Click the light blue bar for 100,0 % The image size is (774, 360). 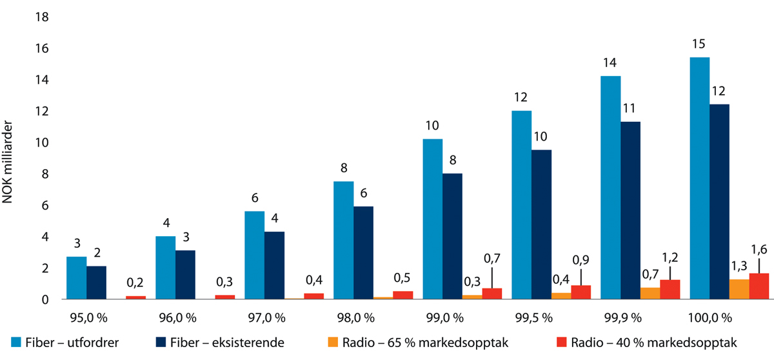tap(699, 178)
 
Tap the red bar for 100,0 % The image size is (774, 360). tap(759, 286)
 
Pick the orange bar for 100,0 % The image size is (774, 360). tap(739, 289)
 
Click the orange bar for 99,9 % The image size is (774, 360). tap(650, 294)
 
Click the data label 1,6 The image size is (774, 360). tap(759, 248)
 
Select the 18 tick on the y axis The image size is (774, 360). tap(42, 17)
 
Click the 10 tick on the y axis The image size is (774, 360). tap(42, 143)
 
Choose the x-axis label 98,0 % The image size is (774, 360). tap(353, 317)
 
